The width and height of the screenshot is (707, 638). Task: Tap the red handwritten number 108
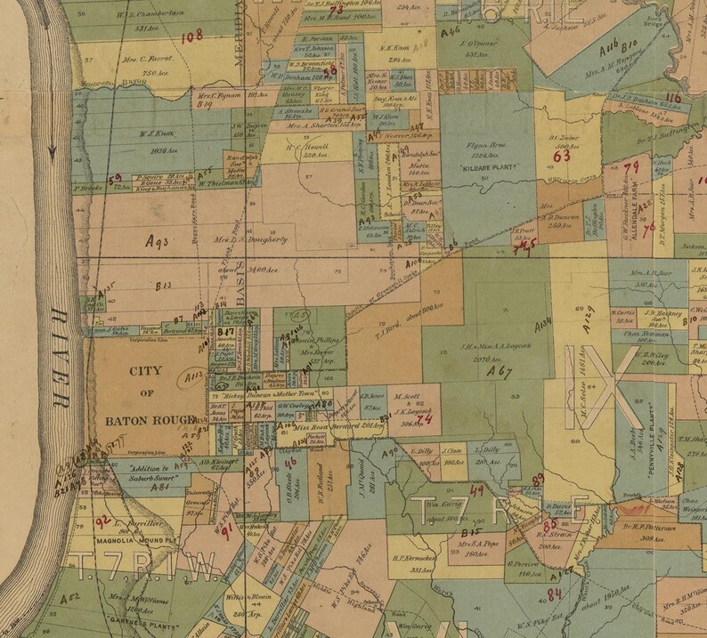coord(192,36)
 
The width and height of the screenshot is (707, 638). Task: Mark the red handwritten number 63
coord(562,156)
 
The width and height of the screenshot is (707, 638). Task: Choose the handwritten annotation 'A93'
coord(161,241)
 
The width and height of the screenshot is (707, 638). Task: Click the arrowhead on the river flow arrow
coord(53,153)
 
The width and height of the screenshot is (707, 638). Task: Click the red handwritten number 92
coord(103,520)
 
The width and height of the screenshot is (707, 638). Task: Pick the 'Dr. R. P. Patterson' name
coord(661,515)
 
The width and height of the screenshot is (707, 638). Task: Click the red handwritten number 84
coord(555,594)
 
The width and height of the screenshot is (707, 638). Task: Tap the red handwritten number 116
coord(673,98)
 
